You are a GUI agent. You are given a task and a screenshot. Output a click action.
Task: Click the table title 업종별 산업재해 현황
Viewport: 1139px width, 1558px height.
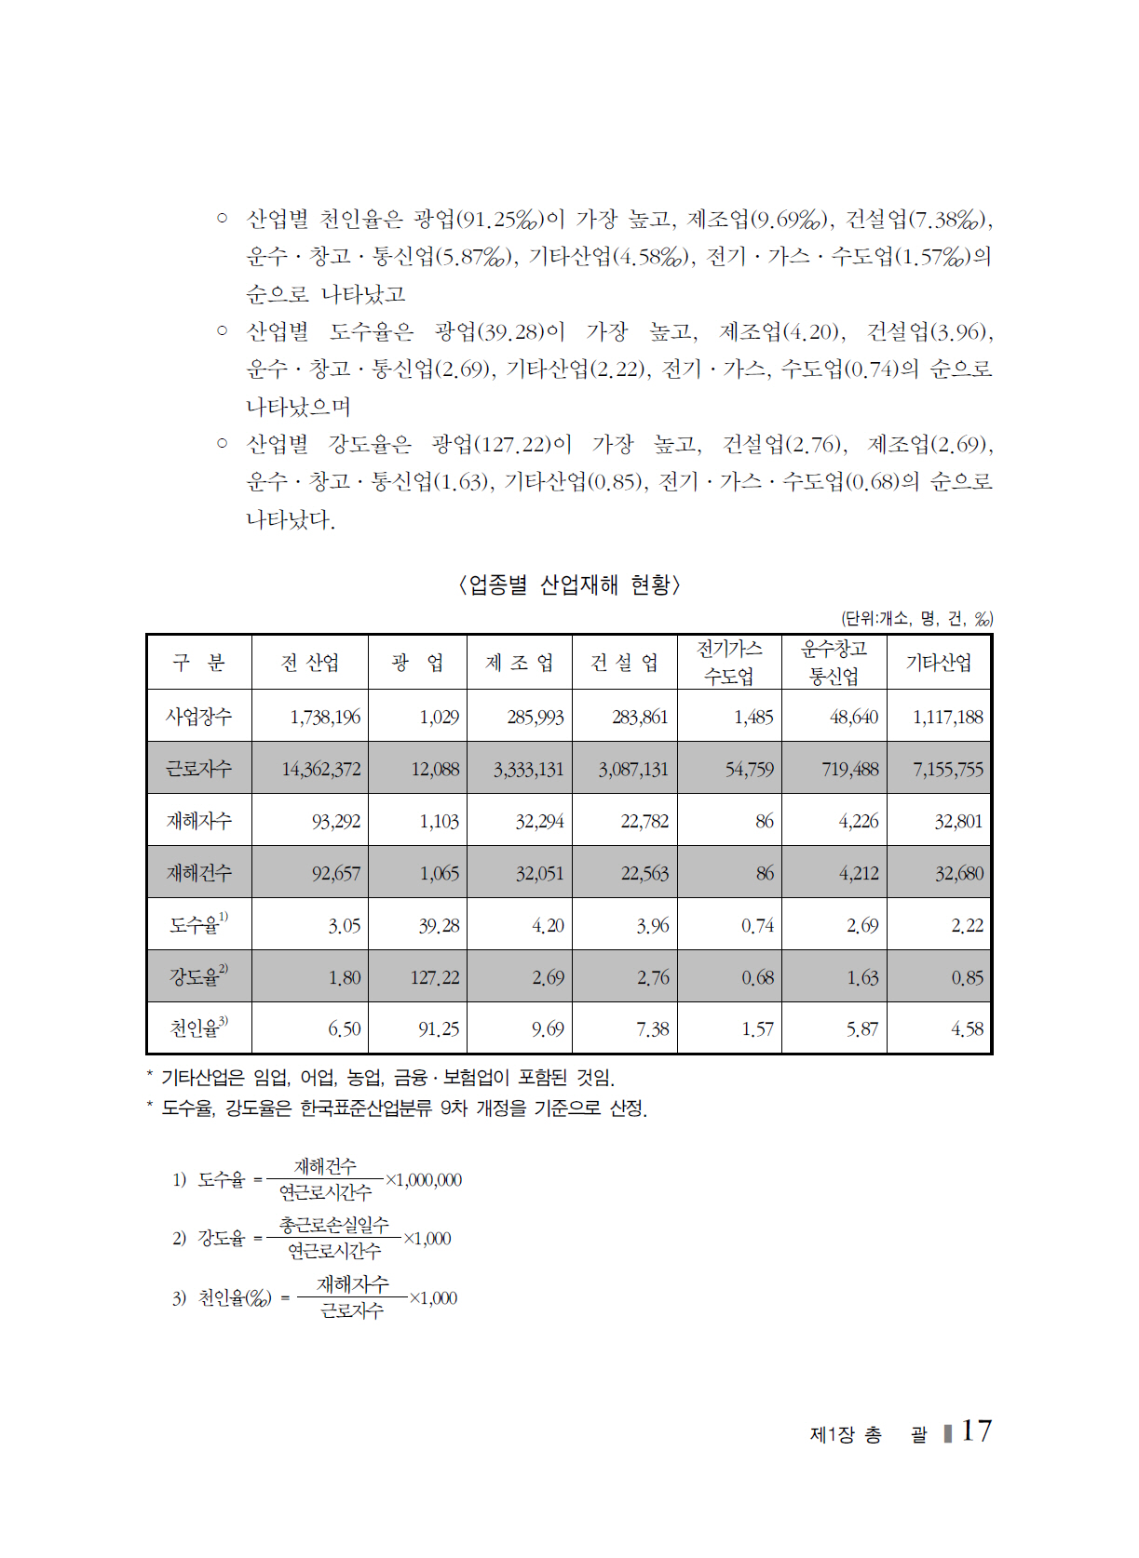point(569,584)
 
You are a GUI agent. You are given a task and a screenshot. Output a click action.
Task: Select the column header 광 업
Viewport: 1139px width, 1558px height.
point(417,663)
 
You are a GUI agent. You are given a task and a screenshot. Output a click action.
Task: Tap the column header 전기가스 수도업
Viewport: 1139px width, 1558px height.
point(729,663)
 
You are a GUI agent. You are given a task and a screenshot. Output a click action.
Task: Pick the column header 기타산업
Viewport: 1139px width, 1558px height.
point(938,663)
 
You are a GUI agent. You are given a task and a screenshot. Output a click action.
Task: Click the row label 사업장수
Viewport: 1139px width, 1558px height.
point(198,717)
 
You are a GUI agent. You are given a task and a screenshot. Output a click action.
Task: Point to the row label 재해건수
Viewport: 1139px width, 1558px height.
point(198,873)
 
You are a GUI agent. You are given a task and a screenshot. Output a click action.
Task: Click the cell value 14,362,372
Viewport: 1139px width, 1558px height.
point(320,770)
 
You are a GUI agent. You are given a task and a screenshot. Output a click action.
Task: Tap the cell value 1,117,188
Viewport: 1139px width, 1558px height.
point(947,718)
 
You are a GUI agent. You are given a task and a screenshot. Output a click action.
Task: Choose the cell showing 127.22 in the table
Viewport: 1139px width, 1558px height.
point(435,978)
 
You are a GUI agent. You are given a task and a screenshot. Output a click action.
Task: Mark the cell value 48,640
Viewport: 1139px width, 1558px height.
point(853,718)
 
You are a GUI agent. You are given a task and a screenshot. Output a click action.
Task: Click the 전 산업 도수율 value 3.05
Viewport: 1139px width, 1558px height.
point(344,926)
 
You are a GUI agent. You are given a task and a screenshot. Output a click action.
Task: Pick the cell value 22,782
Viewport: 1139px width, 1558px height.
point(644,822)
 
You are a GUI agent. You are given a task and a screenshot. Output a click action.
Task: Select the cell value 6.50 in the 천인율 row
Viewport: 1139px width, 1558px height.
point(344,1029)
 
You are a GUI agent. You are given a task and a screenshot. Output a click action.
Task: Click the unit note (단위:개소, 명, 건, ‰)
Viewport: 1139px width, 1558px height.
point(916,618)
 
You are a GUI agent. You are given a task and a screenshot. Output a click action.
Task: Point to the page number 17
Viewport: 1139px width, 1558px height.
point(976,1430)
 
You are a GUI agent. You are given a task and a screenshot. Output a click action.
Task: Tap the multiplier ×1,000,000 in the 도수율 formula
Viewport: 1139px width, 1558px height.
point(424,1180)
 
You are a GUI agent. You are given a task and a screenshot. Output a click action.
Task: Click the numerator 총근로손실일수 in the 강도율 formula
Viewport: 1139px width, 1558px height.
point(333,1226)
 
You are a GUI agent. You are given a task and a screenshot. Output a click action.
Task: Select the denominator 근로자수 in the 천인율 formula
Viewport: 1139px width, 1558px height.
point(351,1311)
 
